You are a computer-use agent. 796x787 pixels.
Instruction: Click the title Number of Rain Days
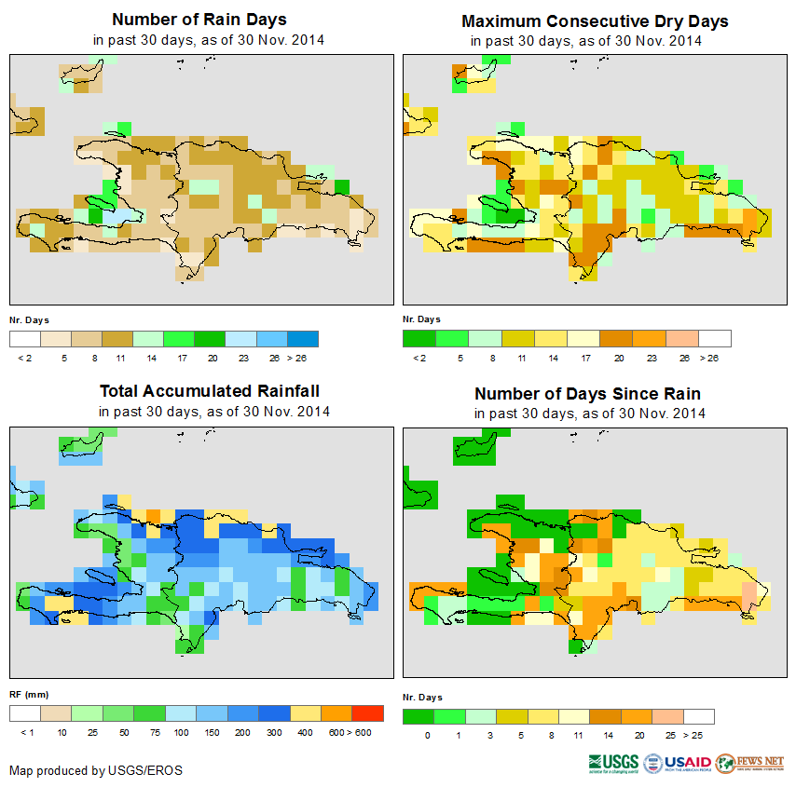199,20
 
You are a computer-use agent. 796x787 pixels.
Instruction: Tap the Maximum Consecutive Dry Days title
595,20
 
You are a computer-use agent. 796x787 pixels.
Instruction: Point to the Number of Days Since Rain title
587,393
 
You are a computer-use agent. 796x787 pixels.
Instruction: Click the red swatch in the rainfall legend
368,713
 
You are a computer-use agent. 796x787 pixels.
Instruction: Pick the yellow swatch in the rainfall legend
304,713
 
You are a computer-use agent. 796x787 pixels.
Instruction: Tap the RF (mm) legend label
29,694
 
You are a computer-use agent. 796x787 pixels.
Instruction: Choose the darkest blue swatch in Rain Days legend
303,338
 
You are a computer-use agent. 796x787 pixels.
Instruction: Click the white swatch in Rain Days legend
24,338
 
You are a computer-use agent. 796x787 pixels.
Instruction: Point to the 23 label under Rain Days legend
241,358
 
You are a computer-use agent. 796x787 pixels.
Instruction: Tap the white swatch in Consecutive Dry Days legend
715,338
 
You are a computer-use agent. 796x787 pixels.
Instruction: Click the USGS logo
613,763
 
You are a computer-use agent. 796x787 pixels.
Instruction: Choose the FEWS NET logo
751,763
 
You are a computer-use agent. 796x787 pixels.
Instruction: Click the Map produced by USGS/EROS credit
96,770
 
